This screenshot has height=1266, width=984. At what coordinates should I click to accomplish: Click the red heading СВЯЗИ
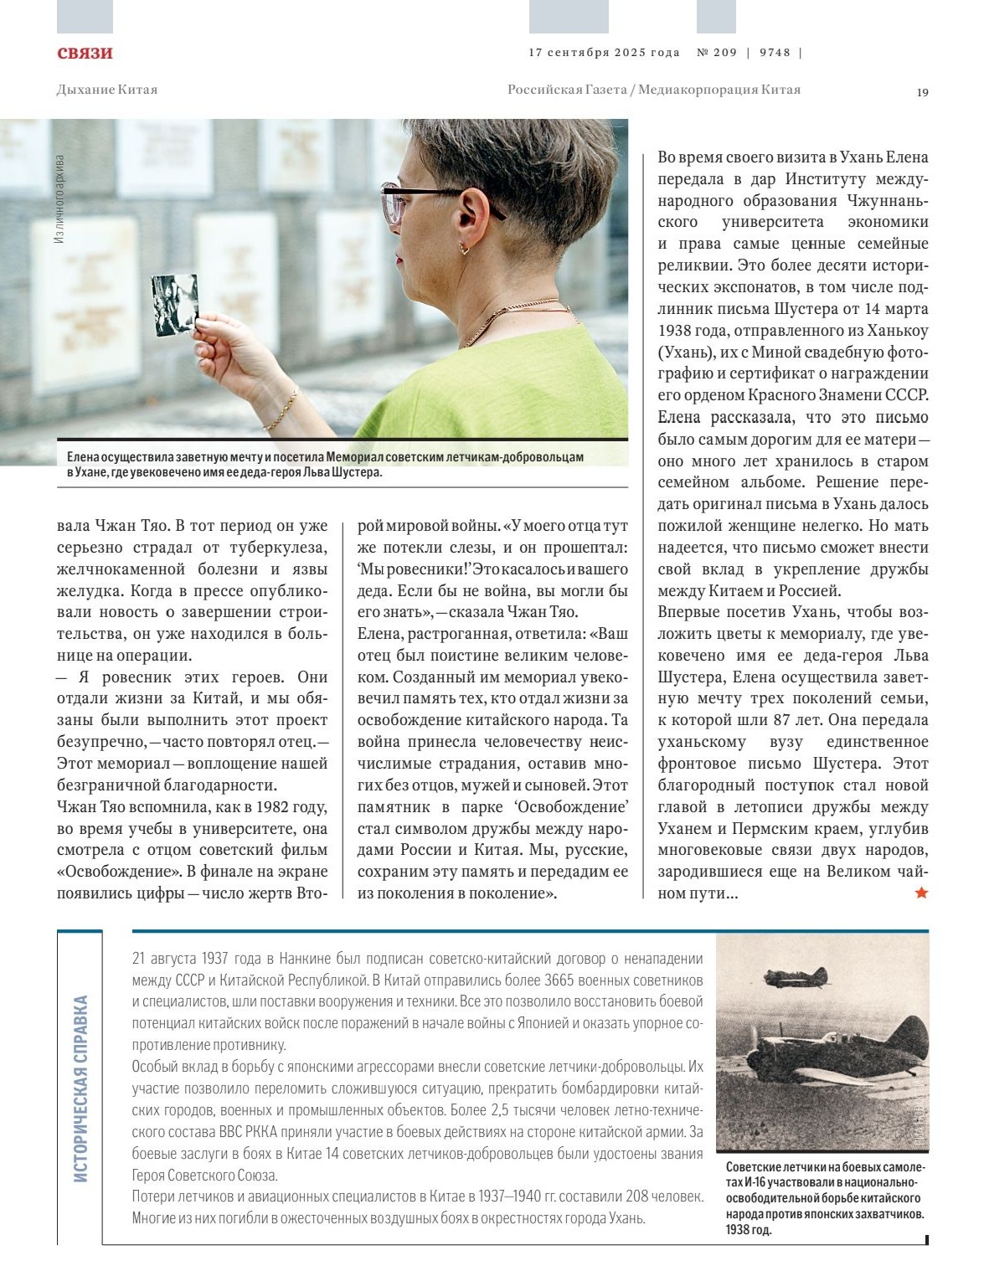click(85, 54)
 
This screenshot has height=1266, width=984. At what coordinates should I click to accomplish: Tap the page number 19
click(922, 92)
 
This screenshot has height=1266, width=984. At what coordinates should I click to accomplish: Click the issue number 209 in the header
click(724, 52)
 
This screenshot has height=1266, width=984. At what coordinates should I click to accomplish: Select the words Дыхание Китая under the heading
click(106, 90)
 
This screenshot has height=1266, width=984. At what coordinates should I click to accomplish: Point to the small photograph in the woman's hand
click(174, 304)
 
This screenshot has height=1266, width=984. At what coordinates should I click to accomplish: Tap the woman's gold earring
click(463, 248)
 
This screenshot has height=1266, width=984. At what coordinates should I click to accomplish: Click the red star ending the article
click(921, 893)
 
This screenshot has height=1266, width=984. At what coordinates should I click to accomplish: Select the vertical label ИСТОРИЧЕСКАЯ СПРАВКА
click(80, 1088)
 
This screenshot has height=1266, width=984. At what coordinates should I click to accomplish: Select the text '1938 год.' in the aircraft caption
click(749, 1230)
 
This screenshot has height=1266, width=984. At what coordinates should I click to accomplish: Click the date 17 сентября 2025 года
click(604, 52)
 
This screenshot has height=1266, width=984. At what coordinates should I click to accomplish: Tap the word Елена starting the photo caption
click(85, 457)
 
